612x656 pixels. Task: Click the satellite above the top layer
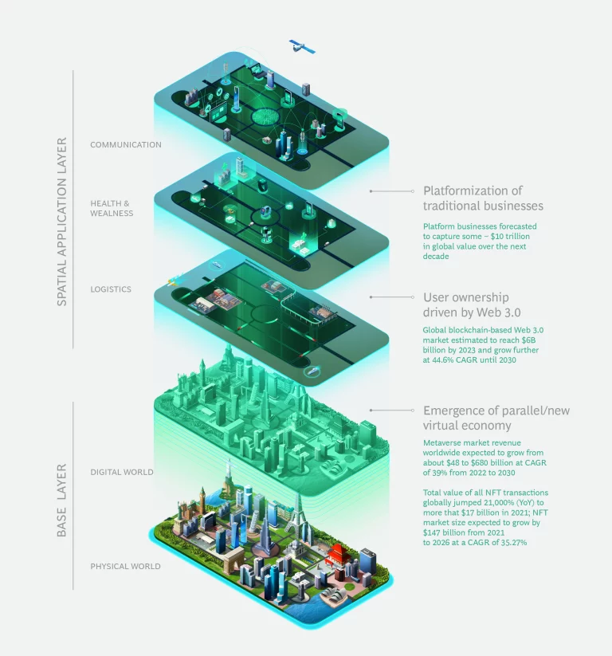[x=301, y=46]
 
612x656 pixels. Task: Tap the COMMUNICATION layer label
[x=125, y=145]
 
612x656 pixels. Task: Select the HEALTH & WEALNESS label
[x=112, y=208]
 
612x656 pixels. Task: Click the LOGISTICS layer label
[x=111, y=289]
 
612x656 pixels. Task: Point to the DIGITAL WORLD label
[x=122, y=472]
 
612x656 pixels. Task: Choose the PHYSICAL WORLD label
[x=125, y=566]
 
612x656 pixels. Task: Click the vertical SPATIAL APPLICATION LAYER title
[x=61, y=222]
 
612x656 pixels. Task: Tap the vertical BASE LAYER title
[x=61, y=500]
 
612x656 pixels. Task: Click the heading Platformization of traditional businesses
[x=483, y=198]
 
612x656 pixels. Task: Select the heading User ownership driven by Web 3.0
[x=472, y=304]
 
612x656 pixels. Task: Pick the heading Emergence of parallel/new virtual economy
[x=496, y=418]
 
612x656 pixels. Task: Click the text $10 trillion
[x=510, y=237]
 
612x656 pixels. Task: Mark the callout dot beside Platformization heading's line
[x=371, y=191]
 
